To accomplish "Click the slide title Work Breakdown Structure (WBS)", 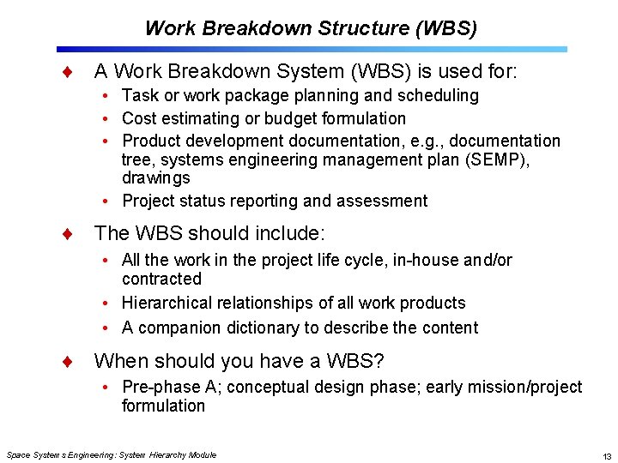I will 311,28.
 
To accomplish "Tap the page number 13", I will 607,455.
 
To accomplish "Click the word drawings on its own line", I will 156,178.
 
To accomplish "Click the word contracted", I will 161,279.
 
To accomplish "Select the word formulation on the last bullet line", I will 163,406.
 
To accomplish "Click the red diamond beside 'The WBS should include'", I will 67,234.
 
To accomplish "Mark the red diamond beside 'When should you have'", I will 67,362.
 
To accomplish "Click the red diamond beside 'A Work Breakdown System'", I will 67,70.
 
